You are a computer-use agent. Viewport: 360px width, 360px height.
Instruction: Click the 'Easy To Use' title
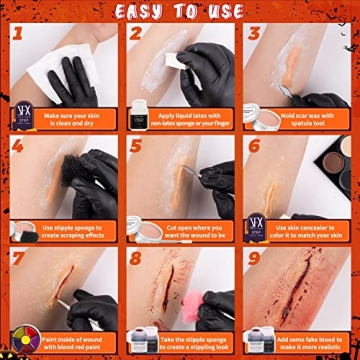[180, 11]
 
